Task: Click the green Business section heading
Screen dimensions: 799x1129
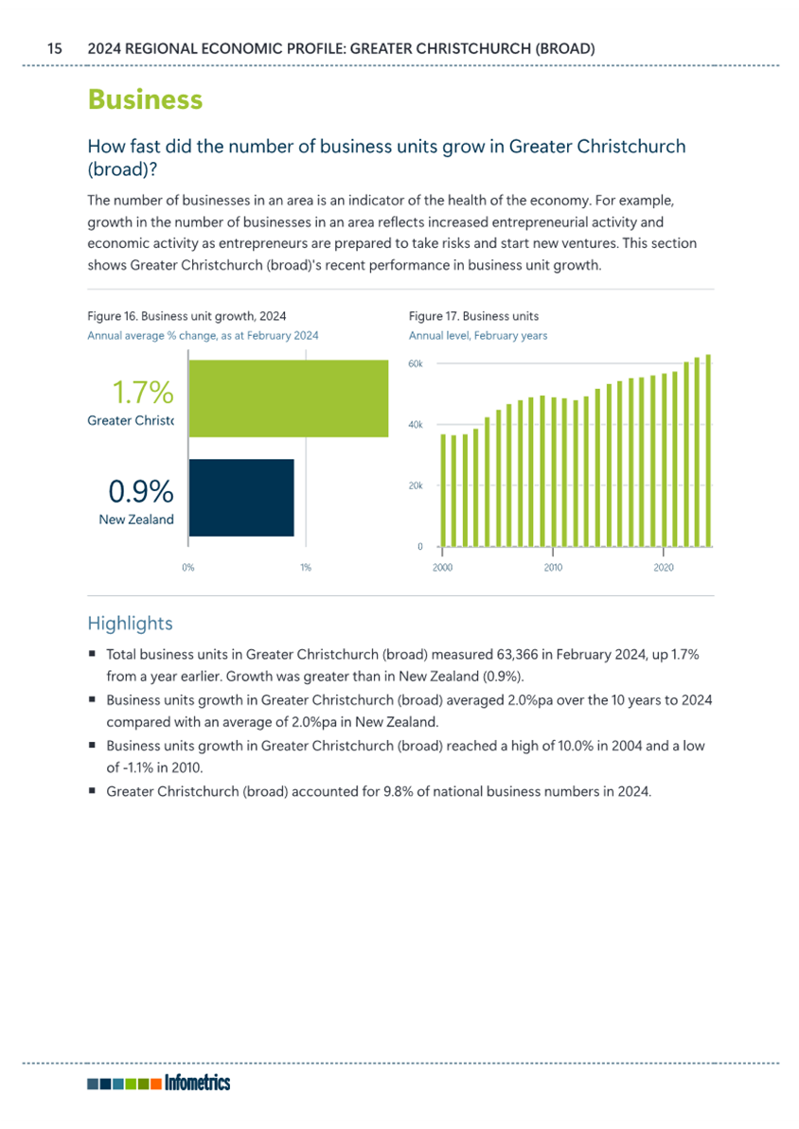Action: click(x=145, y=99)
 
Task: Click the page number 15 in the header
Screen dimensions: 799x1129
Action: click(x=55, y=49)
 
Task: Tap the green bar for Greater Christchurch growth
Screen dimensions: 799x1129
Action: click(x=288, y=398)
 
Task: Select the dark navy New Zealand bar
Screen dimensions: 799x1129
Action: click(x=241, y=498)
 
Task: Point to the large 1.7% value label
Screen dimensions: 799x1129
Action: click(x=143, y=393)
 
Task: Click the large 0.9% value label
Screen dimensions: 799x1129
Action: click(x=141, y=492)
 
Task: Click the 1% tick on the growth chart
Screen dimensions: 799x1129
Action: click(x=306, y=568)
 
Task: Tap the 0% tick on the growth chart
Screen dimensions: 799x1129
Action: click(x=188, y=568)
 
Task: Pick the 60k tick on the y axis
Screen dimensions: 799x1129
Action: click(x=416, y=363)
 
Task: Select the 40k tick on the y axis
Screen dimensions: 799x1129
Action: click(x=416, y=425)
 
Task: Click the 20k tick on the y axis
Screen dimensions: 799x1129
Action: click(x=416, y=486)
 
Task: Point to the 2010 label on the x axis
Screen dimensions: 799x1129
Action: click(x=553, y=568)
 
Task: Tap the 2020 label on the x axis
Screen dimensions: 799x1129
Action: click(x=664, y=568)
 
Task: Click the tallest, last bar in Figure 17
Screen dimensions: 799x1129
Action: click(x=708, y=450)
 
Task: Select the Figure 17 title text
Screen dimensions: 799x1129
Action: click(x=473, y=316)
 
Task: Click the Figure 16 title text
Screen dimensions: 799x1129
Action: click(x=186, y=316)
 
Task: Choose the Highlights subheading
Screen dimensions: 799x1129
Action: click(x=131, y=624)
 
